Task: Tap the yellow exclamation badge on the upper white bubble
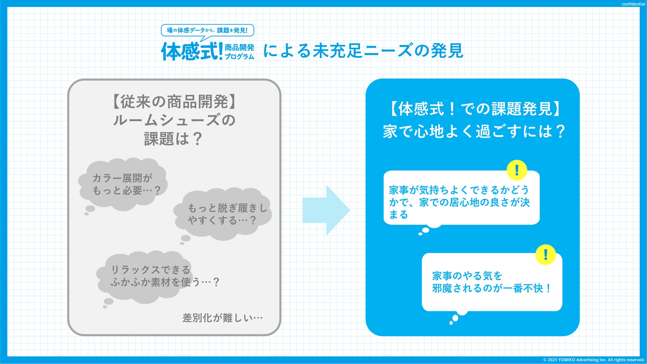point(517,171)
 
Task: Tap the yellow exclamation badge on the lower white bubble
point(545,255)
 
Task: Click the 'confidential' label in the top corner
point(633,4)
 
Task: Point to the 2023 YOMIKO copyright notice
point(594,360)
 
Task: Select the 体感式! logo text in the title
point(192,51)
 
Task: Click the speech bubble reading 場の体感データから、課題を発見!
point(207,31)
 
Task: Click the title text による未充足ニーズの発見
point(363,51)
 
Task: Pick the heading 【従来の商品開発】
point(174,102)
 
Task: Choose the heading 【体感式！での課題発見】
point(473,109)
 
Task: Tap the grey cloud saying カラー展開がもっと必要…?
point(123,184)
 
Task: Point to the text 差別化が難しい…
point(222,318)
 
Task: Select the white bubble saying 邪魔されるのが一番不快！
point(492,282)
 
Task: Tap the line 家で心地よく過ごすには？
point(473,131)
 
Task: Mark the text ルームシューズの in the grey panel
point(174,120)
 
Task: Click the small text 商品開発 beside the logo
point(239,47)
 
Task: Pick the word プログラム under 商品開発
point(239,57)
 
